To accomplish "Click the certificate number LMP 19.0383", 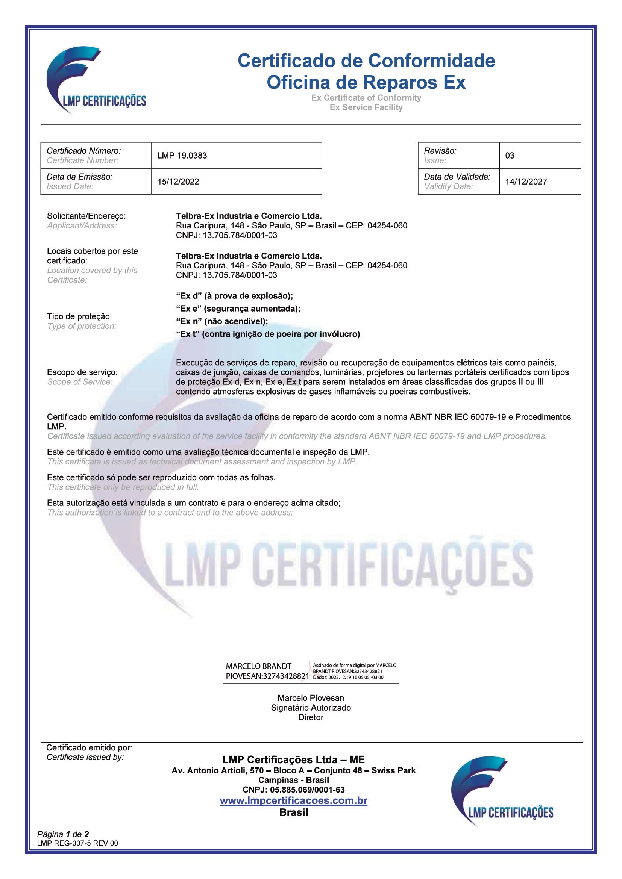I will tap(182, 156).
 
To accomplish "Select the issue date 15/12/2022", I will tap(178, 182).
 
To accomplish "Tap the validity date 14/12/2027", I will tap(526, 182).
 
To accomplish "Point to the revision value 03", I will tap(510, 156).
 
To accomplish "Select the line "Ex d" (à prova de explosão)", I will tap(234, 296).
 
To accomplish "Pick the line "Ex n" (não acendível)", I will tap(222, 322).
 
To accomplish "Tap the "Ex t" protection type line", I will tap(268, 334).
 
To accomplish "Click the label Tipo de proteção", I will tap(79, 316).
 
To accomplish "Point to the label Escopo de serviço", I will tap(82, 372).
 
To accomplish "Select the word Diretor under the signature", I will tap(311, 717).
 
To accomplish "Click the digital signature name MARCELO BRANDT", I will tap(258, 667).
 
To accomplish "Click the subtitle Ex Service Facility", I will tap(366, 107).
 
